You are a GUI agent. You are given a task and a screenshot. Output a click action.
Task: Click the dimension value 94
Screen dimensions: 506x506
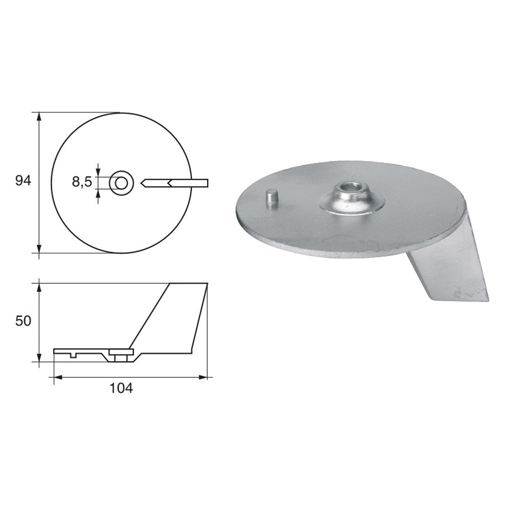point(23,181)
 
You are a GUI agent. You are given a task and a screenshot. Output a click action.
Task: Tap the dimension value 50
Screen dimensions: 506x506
point(23,321)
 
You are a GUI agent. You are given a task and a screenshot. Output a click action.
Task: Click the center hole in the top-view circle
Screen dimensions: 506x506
point(121,183)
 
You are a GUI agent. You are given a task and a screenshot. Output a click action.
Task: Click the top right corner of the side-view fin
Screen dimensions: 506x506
point(207,284)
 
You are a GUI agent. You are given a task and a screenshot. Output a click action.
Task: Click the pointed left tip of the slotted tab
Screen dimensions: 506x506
point(142,183)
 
